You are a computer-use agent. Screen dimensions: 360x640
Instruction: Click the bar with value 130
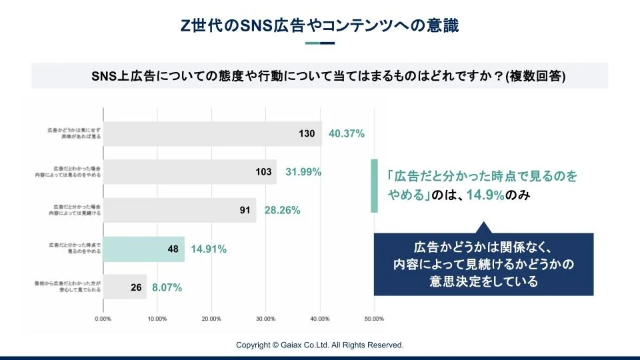[x=212, y=133]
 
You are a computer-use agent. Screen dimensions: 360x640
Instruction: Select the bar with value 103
[x=190, y=172]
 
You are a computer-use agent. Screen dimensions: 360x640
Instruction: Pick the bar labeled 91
[x=180, y=211]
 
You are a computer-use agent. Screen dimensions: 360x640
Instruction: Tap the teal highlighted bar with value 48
[x=144, y=249]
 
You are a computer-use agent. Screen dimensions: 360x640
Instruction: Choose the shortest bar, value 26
[x=125, y=288]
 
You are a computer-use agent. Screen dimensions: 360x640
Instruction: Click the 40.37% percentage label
[x=347, y=133]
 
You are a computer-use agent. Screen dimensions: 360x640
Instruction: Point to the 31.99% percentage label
[x=303, y=172]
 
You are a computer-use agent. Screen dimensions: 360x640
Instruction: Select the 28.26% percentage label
[x=282, y=211]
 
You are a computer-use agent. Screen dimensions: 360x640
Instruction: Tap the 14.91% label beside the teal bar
[x=209, y=249]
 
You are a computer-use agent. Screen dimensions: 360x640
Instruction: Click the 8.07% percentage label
[x=167, y=288]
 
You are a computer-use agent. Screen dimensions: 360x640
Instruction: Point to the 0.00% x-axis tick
[x=103, y=319]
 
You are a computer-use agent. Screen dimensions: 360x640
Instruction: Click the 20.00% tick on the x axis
[x=211, y=319]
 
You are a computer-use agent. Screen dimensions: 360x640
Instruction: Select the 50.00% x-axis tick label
[x=374, y=319]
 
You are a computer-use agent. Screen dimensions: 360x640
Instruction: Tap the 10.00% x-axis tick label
[x=157, y=319]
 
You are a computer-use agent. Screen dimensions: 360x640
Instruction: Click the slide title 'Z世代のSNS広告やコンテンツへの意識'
[x=320, y=25]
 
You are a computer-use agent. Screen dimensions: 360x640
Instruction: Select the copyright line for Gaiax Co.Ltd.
[x=320, y=345]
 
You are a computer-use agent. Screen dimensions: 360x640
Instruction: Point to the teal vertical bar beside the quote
[x=374, y=186]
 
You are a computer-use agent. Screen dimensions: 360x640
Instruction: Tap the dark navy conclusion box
[x=483, y=263]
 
